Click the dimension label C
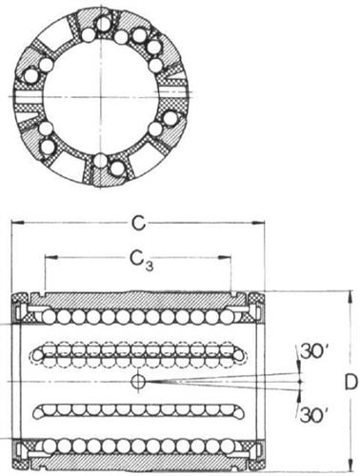pyautogui.click(x=138, y=224)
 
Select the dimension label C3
pyautogui.click(x=142, y=259)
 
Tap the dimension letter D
pyautogui.click(x=351, y=383)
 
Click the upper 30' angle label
pyautogui.click(x=312, y=352)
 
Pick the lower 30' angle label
pyautogui.click(x=314, y=414)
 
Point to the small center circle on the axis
pyautogui.click(x=138, y=381)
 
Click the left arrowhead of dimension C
pyautogui.click(x=17, y=224)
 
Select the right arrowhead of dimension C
pyautogui.click(x=258, y=224)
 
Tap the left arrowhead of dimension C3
pyautogui.click(x=51, y=257)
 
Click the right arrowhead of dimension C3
pyautogui.click(x=225, y=258)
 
